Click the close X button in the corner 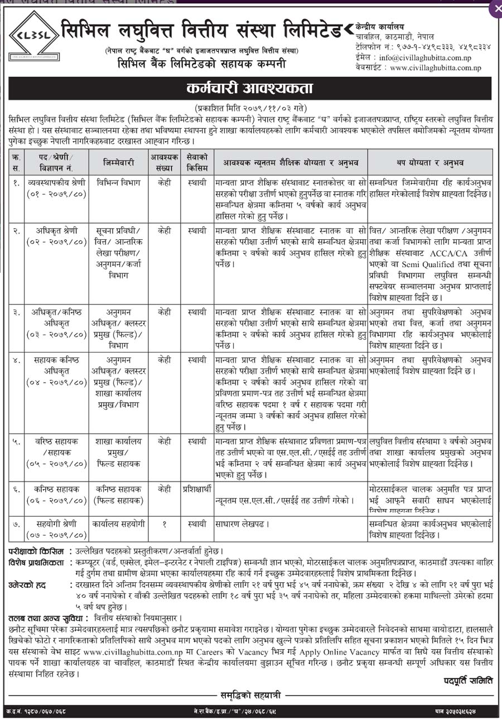[x=495, y=8]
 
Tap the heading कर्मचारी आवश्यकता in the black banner [x=250, y=89]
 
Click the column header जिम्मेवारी [x=118, y=162]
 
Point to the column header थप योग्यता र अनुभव [x=430, y=162]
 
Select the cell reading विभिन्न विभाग [x=118, y=182]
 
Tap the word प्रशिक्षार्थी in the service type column [x=197, y=489]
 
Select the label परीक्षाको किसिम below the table [x=35, y=551]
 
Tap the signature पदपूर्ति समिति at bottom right [x=468, y=680]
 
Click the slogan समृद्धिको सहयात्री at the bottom [x=250, y=695]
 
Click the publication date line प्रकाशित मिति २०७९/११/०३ [x=250, y=107]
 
